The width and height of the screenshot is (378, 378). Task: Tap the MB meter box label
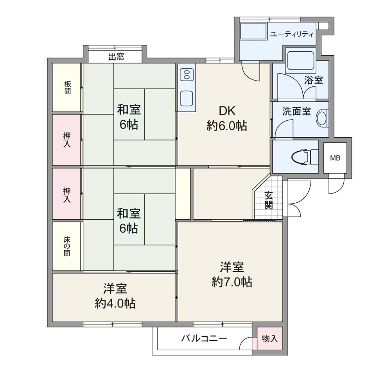tap(335, 158)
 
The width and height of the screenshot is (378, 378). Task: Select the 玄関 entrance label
tap(269, 200)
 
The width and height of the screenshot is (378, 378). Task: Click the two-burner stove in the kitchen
tap(187, 74)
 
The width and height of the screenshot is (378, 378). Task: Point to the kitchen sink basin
tap(186, 99)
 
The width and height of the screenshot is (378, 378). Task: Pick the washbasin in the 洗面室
tap(322, 118)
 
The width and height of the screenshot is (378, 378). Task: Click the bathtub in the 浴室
tap(300, 60)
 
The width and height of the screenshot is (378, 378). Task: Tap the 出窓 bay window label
tap(116, 57)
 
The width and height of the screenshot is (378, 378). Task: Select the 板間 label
tap(68, 87)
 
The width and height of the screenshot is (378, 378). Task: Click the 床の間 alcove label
tap(67, 246)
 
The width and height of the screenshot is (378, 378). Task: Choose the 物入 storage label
tap(270, 339)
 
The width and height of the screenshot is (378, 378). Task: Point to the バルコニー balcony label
tap(204, 339)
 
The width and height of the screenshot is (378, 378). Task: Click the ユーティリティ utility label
tap(292, 34)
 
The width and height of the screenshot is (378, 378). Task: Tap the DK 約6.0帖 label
tap(227, 118)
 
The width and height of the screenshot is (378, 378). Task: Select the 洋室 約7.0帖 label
tap(232, 274)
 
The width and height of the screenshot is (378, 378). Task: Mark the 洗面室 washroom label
tap(296, 111)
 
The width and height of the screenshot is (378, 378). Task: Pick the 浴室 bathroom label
tap(313, 80)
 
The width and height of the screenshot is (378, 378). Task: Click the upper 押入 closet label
tap(67, 140)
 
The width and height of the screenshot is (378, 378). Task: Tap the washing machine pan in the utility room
tap(254, 32)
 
